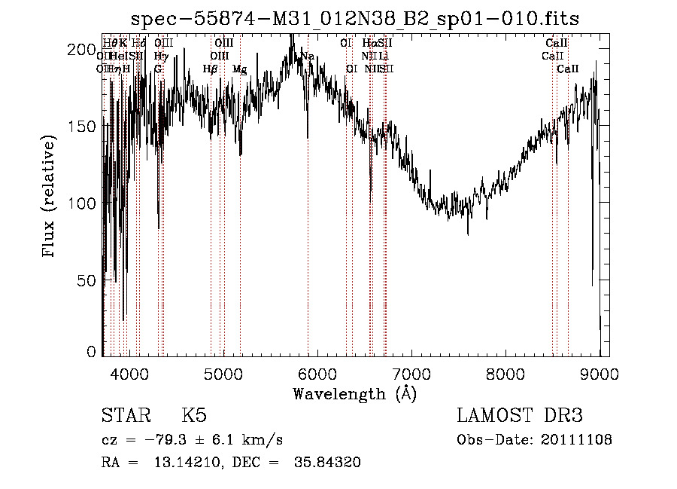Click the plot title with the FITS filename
[x=354, y=19]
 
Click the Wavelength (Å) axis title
[x=354, y=393]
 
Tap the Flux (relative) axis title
[x=50, y=197]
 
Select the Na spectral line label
[x=308, y=57]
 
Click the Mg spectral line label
[x=239, y=69]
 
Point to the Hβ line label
[x=210, y=69]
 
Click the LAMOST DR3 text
[x=519, y=416]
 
